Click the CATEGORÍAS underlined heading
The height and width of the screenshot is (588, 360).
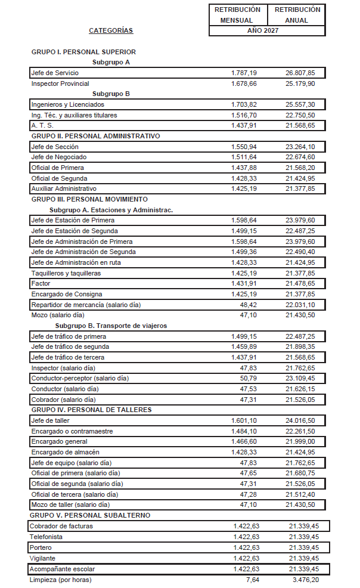point(111,30)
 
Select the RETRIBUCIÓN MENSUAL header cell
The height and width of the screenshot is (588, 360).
point(237,14)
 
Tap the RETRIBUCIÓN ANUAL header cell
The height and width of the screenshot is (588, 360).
point(296,14)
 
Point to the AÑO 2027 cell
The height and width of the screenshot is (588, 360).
point(266,30)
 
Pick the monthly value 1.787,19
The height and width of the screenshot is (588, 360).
point(244,73)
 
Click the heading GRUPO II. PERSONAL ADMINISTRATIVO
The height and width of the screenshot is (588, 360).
point(96,136)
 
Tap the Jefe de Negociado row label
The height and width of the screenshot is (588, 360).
point(57,157)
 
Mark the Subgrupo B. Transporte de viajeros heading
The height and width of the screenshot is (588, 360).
point(111,326)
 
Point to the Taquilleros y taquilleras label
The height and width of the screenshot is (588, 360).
point(66,273)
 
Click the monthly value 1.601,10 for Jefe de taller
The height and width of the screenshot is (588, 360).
point(244,420)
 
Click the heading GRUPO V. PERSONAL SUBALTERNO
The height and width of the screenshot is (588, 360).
point(91,515)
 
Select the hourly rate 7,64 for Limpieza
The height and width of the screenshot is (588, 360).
point(253,579)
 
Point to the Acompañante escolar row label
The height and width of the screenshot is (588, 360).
point(62,569)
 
